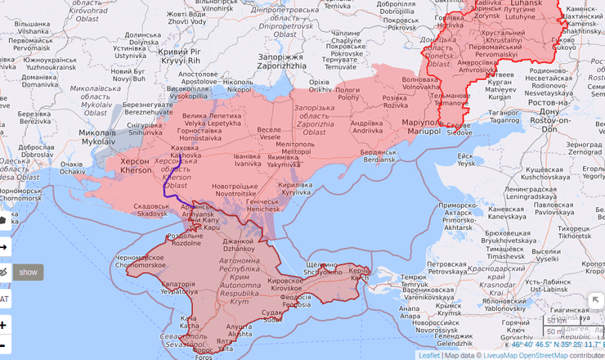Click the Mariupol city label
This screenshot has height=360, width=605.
[422, 124]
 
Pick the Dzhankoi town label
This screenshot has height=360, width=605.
[238, 244]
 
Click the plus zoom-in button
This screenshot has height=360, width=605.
[4, 325]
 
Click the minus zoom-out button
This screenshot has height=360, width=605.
[4, 345]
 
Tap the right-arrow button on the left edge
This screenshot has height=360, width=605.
[4, 246]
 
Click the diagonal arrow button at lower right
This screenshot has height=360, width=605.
[595, 301]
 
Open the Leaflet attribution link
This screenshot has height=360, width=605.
[428, 355]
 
